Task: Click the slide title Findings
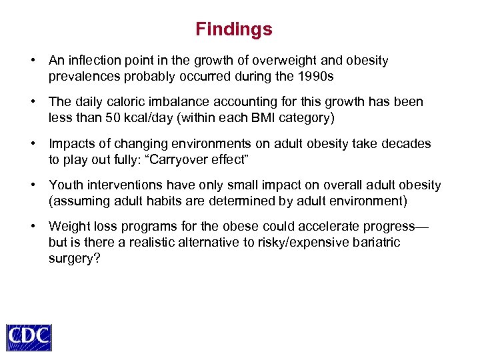tap(234, 29)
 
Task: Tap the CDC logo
tap(29, 337)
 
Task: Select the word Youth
tap(65, 185)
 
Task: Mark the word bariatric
tap(373, 242)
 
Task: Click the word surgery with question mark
tap(74, 257)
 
